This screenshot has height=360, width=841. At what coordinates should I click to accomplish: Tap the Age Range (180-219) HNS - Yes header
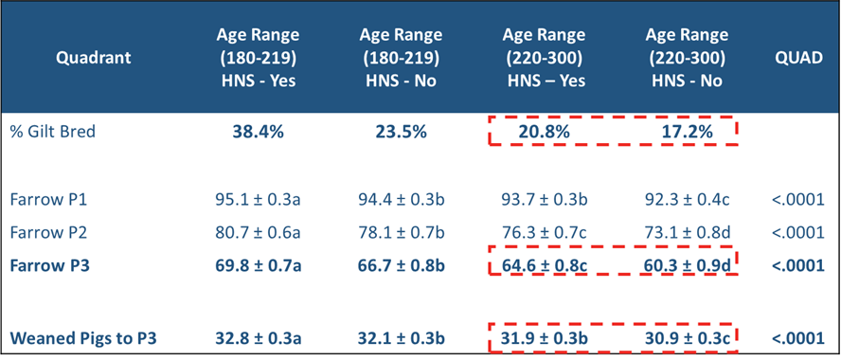pos(257,58)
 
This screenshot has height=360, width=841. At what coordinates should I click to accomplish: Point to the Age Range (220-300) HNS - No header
pos(686,58)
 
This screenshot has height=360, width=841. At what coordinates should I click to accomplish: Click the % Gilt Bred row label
pos(53,132)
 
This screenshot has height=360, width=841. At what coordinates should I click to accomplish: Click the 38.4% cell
pos(258,133)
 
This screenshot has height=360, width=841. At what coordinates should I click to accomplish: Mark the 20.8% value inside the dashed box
pos(544,133)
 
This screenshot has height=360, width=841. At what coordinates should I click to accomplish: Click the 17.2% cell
pos(686,133)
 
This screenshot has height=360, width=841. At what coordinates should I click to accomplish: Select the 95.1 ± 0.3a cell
pos(258,200)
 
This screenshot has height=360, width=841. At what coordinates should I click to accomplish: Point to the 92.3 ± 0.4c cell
pos(686,200)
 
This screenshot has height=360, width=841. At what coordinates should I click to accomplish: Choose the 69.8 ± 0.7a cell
pos(258,264)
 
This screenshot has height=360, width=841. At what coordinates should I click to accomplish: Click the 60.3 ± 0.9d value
pos(686,264)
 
